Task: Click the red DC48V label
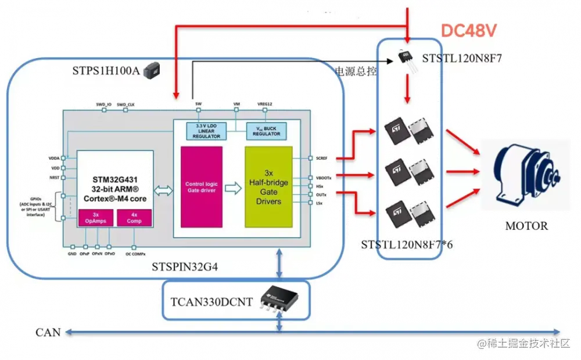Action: tap(468, 30)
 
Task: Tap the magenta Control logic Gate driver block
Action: tap(201, 187)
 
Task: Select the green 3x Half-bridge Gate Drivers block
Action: tap(268, 187)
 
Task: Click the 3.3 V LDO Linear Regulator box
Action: tap(206, 131)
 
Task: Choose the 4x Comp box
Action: tap(134, 218)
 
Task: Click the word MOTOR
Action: tap(526, 226)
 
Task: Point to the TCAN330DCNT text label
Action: tap(211, 302)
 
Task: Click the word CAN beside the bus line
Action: tap(48, 332)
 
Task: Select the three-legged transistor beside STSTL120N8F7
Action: tap(407, 59)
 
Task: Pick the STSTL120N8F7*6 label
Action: tap(407, 244)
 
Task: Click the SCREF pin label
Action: tap(321, 158)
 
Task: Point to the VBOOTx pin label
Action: tap(324, 179)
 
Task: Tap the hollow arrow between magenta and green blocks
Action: tap(233, 188)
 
